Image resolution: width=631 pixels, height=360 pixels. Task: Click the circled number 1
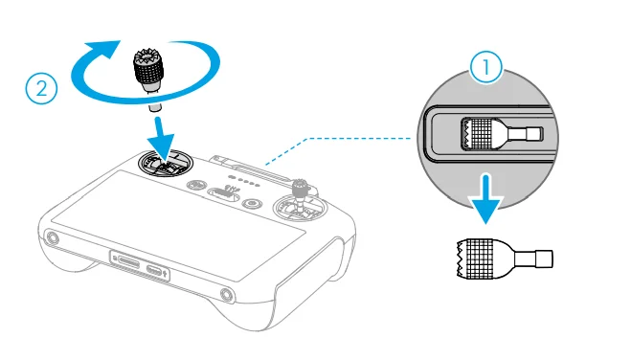[485, 67]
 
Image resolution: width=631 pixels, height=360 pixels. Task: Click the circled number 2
[41, 88]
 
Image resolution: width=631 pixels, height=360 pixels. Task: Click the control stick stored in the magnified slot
[502, 134]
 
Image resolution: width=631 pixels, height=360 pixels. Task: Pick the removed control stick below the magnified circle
[505, 259]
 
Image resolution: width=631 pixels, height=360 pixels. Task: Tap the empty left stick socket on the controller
[166, 163]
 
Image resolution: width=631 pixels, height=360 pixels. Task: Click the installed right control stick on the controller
[300, 197]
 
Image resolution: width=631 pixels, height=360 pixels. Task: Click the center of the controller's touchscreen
[177, 225]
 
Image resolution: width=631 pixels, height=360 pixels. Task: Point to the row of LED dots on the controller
[244, 181]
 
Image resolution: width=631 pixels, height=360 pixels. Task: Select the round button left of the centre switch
[196, 186]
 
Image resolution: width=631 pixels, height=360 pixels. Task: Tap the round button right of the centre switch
[253, 203]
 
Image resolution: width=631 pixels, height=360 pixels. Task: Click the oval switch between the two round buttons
[223, 193]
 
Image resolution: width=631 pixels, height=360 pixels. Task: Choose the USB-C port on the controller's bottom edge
[154, 271]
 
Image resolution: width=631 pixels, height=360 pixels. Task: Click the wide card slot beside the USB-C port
[128, 264]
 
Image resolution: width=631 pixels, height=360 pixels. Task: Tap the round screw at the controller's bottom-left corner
[53, 238]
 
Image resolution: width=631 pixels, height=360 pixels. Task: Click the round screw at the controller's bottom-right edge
[227, 296]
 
